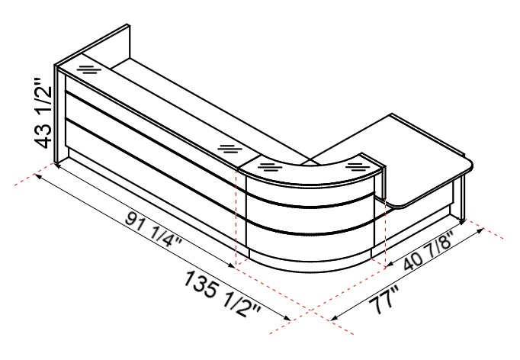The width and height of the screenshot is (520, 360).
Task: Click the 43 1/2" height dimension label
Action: click(x=43, y=113)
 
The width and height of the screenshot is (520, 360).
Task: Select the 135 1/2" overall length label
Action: click(x=221, y=294)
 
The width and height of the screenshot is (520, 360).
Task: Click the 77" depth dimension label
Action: click(x=385, y=301)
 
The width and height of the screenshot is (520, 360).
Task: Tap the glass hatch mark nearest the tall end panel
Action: click(x=89, y=69)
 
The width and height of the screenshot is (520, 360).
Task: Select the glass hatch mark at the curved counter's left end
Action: click(x=270, y=166)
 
